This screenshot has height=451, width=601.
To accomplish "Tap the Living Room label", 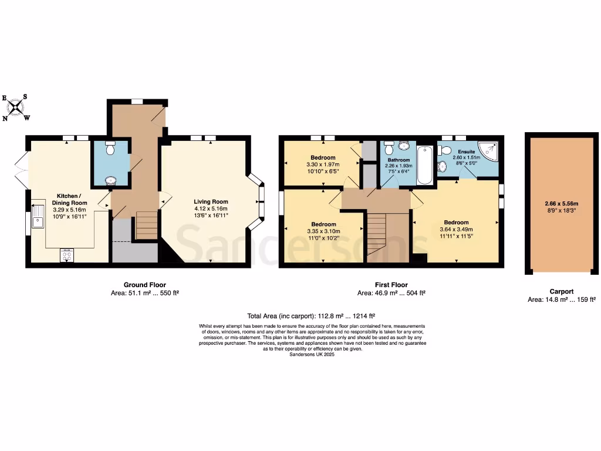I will point(211,201).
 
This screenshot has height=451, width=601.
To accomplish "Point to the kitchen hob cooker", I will point(67,255).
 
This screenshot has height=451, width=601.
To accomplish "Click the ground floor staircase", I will point(147,225).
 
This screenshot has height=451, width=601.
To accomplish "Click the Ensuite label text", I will point(467,152).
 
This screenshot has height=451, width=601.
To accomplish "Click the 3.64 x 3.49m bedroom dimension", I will point(456,229).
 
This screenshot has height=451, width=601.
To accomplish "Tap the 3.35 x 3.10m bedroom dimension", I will point(323,231).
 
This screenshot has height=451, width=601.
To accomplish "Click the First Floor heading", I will point(391,285).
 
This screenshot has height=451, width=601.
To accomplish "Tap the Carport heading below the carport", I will point(561,291).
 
